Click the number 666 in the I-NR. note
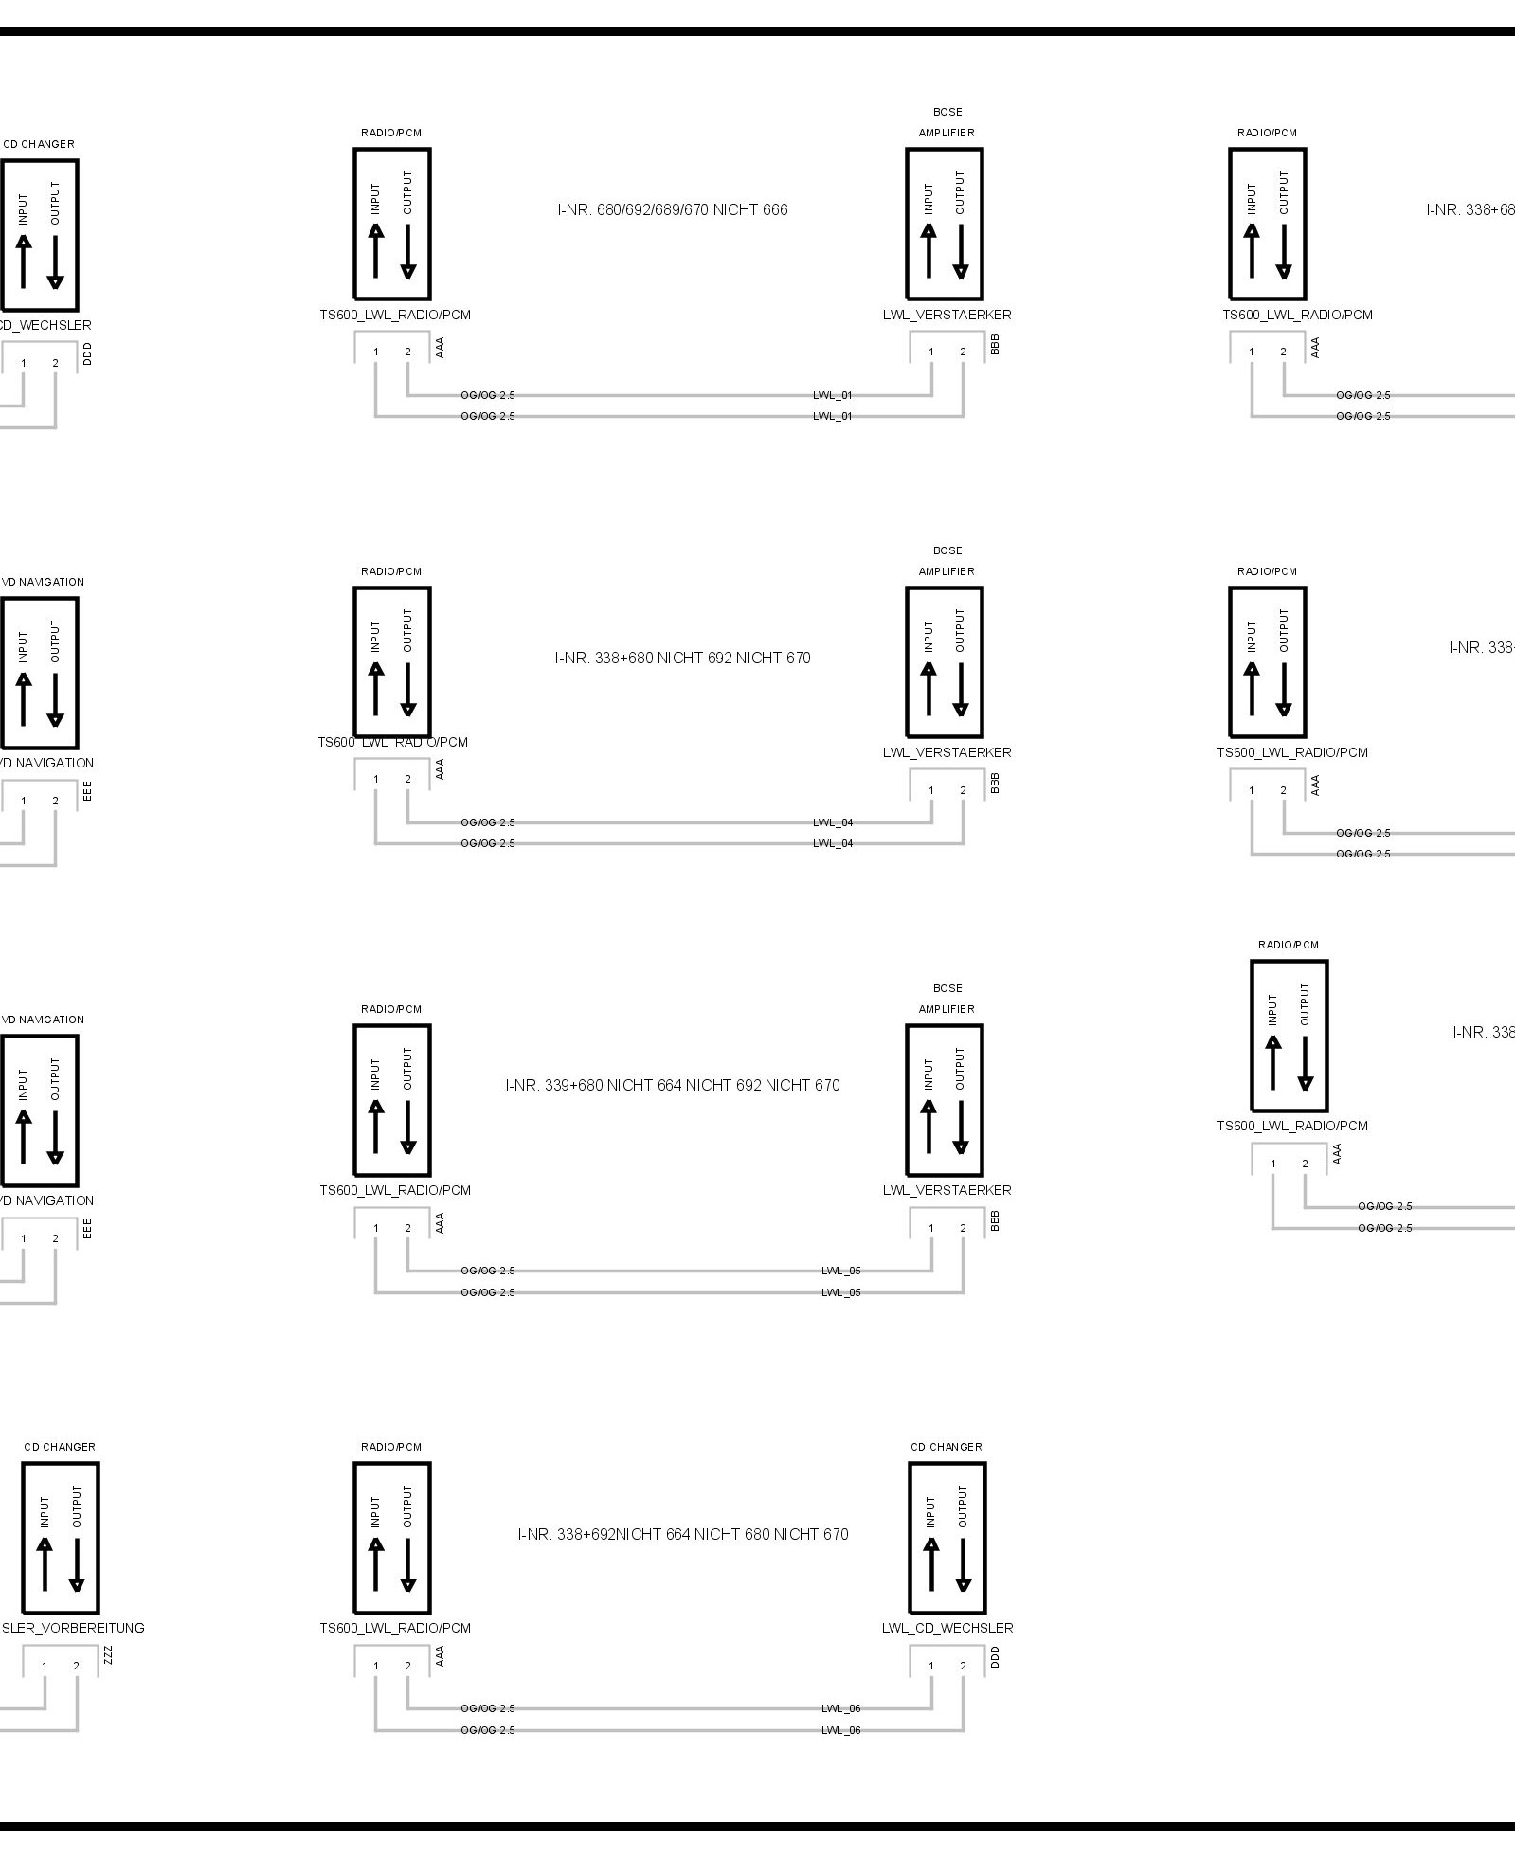coord(774,209)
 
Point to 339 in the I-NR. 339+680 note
coord(555,1085)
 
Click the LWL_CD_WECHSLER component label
coord(947,1628)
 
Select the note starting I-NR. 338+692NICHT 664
coord(682,1534)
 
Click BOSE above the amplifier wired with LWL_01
coord(947,112)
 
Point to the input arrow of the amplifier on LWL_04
coord(929,688)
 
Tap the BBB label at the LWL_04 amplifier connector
coord(995,783)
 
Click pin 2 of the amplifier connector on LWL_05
coord(963,1228)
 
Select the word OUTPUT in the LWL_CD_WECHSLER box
coord(963,1506)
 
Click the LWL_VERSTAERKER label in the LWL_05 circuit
coord(947,1190)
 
